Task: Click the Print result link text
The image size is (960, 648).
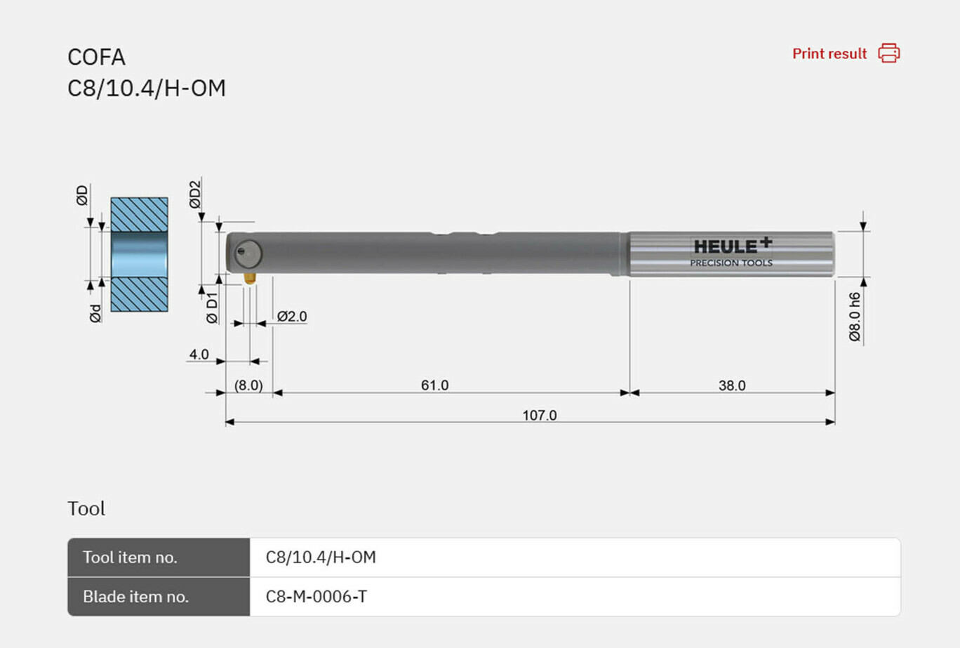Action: coord(829,54)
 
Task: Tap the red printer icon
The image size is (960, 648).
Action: coord(888,53)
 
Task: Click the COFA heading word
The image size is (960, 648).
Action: coord(96,57)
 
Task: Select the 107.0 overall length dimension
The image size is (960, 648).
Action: coord(539,415)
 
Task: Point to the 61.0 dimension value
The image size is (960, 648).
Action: coord(434,385)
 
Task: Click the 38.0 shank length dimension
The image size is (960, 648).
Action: coord(731,385)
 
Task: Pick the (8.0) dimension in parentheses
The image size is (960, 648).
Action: coord(248,385)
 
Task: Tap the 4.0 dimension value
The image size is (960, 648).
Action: coord(199,354)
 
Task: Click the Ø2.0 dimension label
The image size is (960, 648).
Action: coord(292,317)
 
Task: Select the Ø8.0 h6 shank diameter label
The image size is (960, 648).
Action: coord(854,317)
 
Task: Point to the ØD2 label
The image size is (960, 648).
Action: coord(195,194)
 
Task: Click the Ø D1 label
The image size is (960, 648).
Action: coord(212,308)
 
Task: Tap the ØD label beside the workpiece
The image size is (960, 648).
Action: coord(83,195)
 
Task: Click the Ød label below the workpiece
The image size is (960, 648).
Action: coord(95,313)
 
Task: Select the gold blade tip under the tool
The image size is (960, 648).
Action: coord(249,278)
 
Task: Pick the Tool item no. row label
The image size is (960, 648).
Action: coord(130,557)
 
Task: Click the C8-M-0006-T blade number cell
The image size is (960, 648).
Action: coord(316,597)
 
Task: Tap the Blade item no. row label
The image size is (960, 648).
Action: coord(135,597)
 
